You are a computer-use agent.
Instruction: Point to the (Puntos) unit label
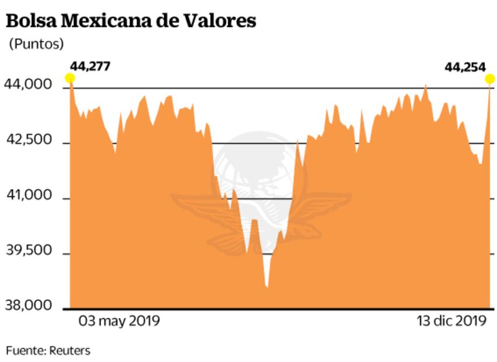[x=36, y=44]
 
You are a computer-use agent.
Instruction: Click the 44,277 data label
[x=89, y=66]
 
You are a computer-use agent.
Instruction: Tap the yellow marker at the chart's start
[x=70, y=78]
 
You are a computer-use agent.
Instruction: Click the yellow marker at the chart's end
[x=491, y=79]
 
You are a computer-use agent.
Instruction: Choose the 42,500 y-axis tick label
[x=28, y=141]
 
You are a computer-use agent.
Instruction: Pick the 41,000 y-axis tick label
[x=28, y=196]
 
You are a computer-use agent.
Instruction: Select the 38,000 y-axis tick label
[x=28, y=305]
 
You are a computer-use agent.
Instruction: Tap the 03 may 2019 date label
[x=119, y=321]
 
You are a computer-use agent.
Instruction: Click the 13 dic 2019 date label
[x=451, y=321]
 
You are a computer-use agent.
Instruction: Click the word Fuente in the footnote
[x=24, y=350]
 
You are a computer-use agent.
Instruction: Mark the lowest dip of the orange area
[x=267, y=286]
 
